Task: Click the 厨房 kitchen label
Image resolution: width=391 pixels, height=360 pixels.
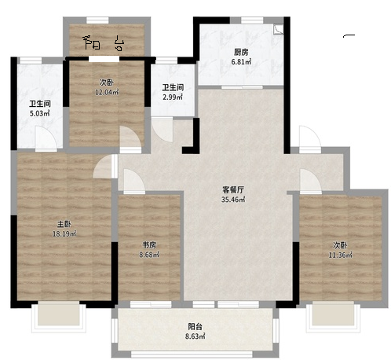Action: tap(241, 53)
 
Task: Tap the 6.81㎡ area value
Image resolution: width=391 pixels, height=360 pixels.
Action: tap(241, 62)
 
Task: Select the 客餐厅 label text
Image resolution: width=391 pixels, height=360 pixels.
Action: tap(233, 189)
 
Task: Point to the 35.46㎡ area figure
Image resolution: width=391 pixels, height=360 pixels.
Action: tap(233, 200)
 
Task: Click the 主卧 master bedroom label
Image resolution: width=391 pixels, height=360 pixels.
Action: tap(64, 224)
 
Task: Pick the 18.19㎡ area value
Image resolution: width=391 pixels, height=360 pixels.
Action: tap(64, 234)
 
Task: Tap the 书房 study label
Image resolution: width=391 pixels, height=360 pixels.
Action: tap(149, 245)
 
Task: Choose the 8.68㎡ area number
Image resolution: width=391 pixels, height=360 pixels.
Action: tap(149, 255)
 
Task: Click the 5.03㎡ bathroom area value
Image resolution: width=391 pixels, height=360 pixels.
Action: tap(40, 114)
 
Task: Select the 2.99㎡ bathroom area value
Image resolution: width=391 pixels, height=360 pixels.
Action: tap(173, 97)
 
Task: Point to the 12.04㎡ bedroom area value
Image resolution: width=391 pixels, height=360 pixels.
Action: tap(107, 92)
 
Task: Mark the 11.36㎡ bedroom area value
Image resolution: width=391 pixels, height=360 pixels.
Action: tap(340, 255)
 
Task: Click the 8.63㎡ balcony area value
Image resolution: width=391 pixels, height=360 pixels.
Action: tap(195, 336)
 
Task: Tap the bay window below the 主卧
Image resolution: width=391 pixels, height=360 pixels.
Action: tap(59, 317)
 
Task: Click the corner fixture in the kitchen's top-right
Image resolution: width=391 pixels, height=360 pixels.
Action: tap(278, 30)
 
